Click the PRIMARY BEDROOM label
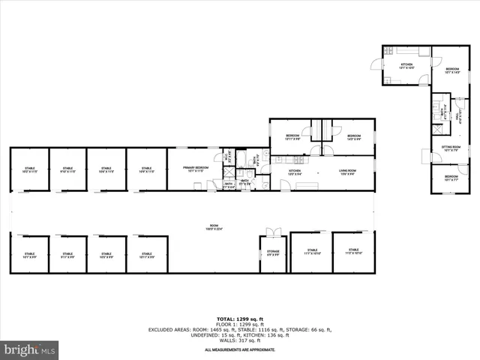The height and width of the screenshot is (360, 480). click(x=196, y=169)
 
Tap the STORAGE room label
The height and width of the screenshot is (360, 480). click(x=273, y=253)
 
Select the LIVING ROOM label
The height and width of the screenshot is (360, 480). click(x=346, y=172)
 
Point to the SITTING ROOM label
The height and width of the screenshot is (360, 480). click(x=451, y=148)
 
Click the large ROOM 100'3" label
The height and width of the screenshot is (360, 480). click(x=214, y=228)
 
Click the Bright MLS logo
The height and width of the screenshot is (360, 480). click(x=30, y=349)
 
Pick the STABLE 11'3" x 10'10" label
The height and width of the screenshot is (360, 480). click(x=354, y=251)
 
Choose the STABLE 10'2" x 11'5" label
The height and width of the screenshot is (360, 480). click(x=30, y=169)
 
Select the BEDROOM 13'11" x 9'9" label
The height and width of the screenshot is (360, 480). click(x=292, y=137)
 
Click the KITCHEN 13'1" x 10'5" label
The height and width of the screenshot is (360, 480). click(x=406, y=67)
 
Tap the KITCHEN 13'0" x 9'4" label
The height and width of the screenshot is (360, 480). click(x=295, y=172)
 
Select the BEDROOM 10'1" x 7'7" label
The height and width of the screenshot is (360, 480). click(x=450, y=178)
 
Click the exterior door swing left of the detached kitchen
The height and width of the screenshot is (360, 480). click(x=377, y=67)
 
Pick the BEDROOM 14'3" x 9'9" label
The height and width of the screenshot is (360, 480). click(x=354, y=137)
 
